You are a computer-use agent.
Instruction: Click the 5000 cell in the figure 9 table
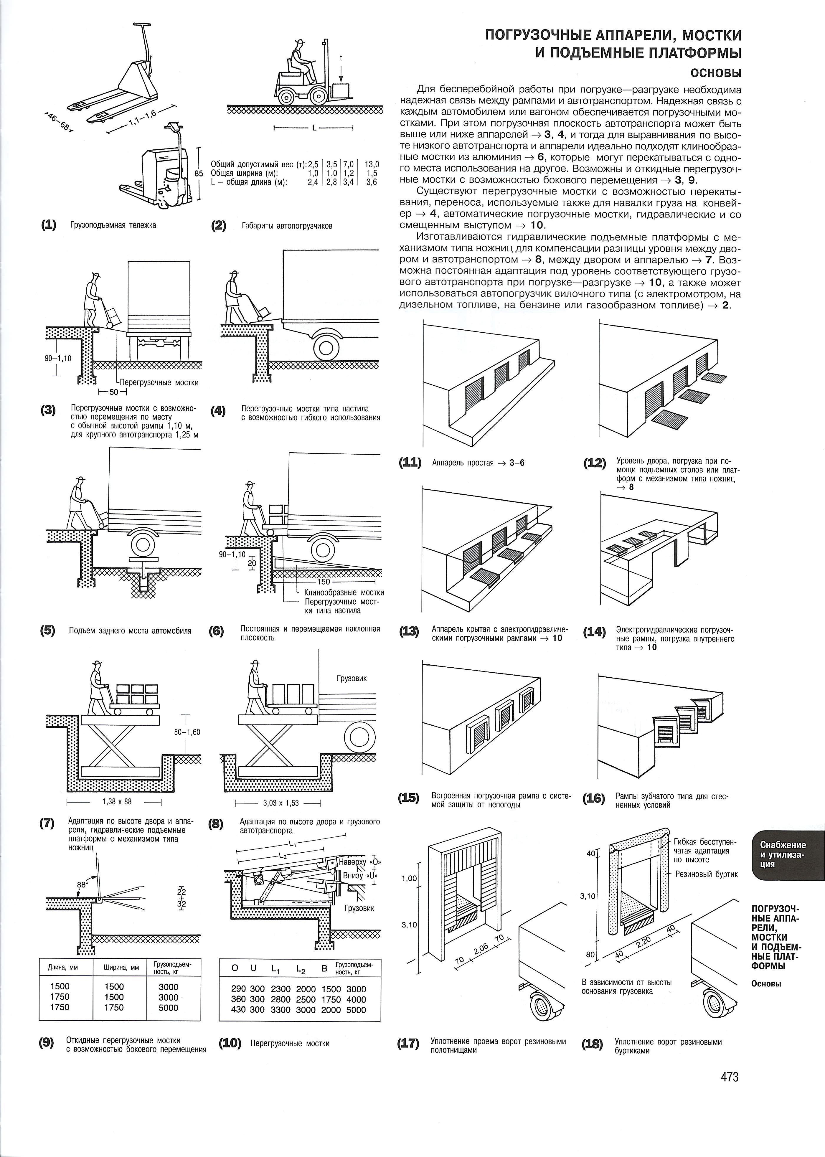168,1008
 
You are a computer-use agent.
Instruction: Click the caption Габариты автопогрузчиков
287,226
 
